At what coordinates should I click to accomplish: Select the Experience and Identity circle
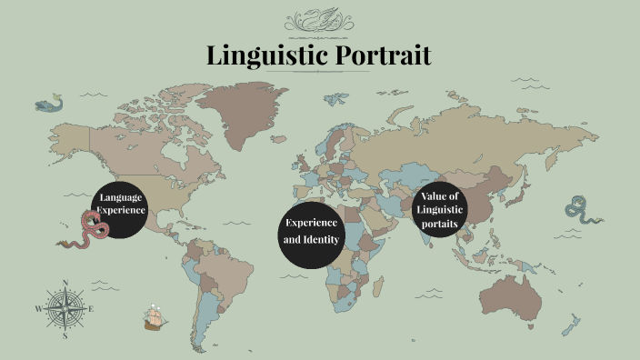[x=311, y=232]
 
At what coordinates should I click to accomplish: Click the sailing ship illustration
[x=156, y=317]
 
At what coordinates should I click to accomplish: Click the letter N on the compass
[x=66, y=283]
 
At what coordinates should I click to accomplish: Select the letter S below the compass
[x=65, y=335]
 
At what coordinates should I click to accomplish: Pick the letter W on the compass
[x=39, y=309]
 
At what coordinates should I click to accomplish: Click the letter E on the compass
[x=92, y=309]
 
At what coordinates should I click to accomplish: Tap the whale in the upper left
[x=49, y=104]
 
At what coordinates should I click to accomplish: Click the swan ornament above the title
[x=319, y=20]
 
